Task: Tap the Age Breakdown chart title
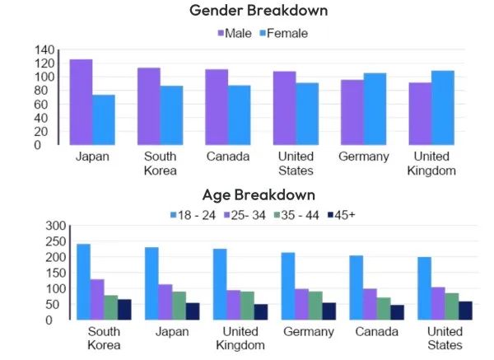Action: click(x=259, y=195)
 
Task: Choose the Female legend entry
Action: click(x=283, y=33)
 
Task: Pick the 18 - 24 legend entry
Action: click(x=194, y=215)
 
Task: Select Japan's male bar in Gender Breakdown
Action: click(x=81, y=102)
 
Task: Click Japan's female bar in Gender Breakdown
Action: click(x=104, y=119)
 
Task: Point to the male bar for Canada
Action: click(x=217, y=107)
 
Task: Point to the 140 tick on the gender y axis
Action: click(x=44, y=50)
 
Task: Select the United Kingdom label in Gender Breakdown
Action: click(x=431, y=164)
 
